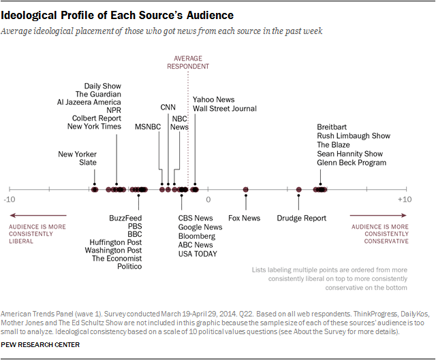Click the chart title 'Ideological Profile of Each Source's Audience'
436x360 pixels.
click(x=118, y=15)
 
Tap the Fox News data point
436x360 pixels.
click(x=246, y=190)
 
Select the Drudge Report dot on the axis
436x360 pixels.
click(x=299, y=190)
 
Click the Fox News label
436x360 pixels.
click(x=244, y=218)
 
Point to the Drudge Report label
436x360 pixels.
click(x=301, y=218)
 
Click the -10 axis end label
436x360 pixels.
click(x=9, y=200)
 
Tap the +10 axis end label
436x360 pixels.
click(x=405, y=200)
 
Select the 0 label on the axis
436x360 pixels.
click(x=208, y=200)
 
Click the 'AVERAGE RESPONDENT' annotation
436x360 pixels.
click(x=189, y=62)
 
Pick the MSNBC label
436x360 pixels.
click(x=148, y=127)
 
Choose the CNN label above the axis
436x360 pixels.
click(x=168, y=108)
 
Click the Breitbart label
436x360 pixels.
click(x=332, y=127)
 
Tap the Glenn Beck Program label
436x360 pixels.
click(x=352, y=163)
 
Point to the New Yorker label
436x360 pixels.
click(x=77, y=154)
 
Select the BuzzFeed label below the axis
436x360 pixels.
click(x=125, y=218)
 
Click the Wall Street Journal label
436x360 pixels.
click(x=225, y=109)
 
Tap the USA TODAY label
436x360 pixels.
click(x=198, y=255)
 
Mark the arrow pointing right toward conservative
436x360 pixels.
click(x=378, y=216)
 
